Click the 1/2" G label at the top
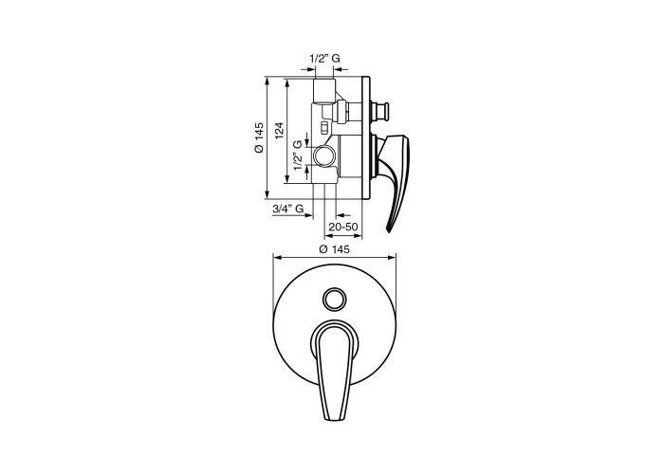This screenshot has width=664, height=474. (325, 59)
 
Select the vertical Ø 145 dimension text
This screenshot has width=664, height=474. (259, 137)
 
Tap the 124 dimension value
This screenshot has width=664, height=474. (279, 131)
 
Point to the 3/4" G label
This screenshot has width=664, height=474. (288, 209)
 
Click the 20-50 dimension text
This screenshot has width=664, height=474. (343, 227)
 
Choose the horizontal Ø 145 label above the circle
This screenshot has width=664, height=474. (335, 249)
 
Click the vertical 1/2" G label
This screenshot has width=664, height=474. (299, 155)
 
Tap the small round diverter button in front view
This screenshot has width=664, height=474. (333, 299)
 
